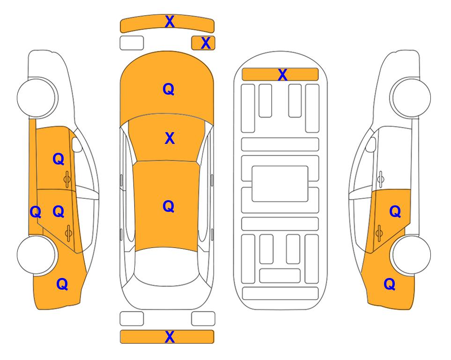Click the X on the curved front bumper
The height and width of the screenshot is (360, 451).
click(x=170, y=21)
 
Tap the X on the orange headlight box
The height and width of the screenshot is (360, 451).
click(x=206, y=43)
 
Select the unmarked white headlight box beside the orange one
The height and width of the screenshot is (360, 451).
click(x=132, y=43)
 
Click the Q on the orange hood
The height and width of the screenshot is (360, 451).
click(x=169, y=89)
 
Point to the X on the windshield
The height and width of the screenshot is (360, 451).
click(x=170, y=138)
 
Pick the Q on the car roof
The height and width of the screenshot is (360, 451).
click(x=169, y=206)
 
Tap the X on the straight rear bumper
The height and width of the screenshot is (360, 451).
click(x=170, y=337)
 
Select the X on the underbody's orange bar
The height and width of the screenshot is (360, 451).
click(x=282, y=75)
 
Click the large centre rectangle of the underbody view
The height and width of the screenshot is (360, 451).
click(x=280, y=184)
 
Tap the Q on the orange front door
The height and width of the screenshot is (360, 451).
click(x=59, y=159)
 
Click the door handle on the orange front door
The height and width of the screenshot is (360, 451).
click(x=67, y=180)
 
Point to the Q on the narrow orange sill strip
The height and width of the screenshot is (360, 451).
click(x=36, y=212)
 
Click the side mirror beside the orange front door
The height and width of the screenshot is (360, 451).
click(x=76, y=144)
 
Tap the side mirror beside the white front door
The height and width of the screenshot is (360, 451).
click(x=370, y=144)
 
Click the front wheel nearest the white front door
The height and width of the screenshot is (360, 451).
click(x=410, y=97)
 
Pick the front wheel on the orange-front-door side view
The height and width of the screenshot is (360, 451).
click(x=37, y=97)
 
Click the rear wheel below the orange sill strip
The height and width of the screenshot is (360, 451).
click(x=37, y=255)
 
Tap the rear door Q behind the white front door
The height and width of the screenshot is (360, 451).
click(x=395, y=212)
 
